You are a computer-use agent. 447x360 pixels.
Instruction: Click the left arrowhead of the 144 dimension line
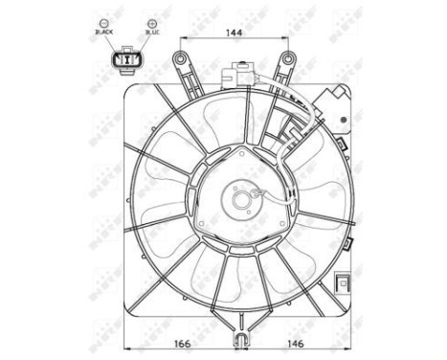click(181, 40)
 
